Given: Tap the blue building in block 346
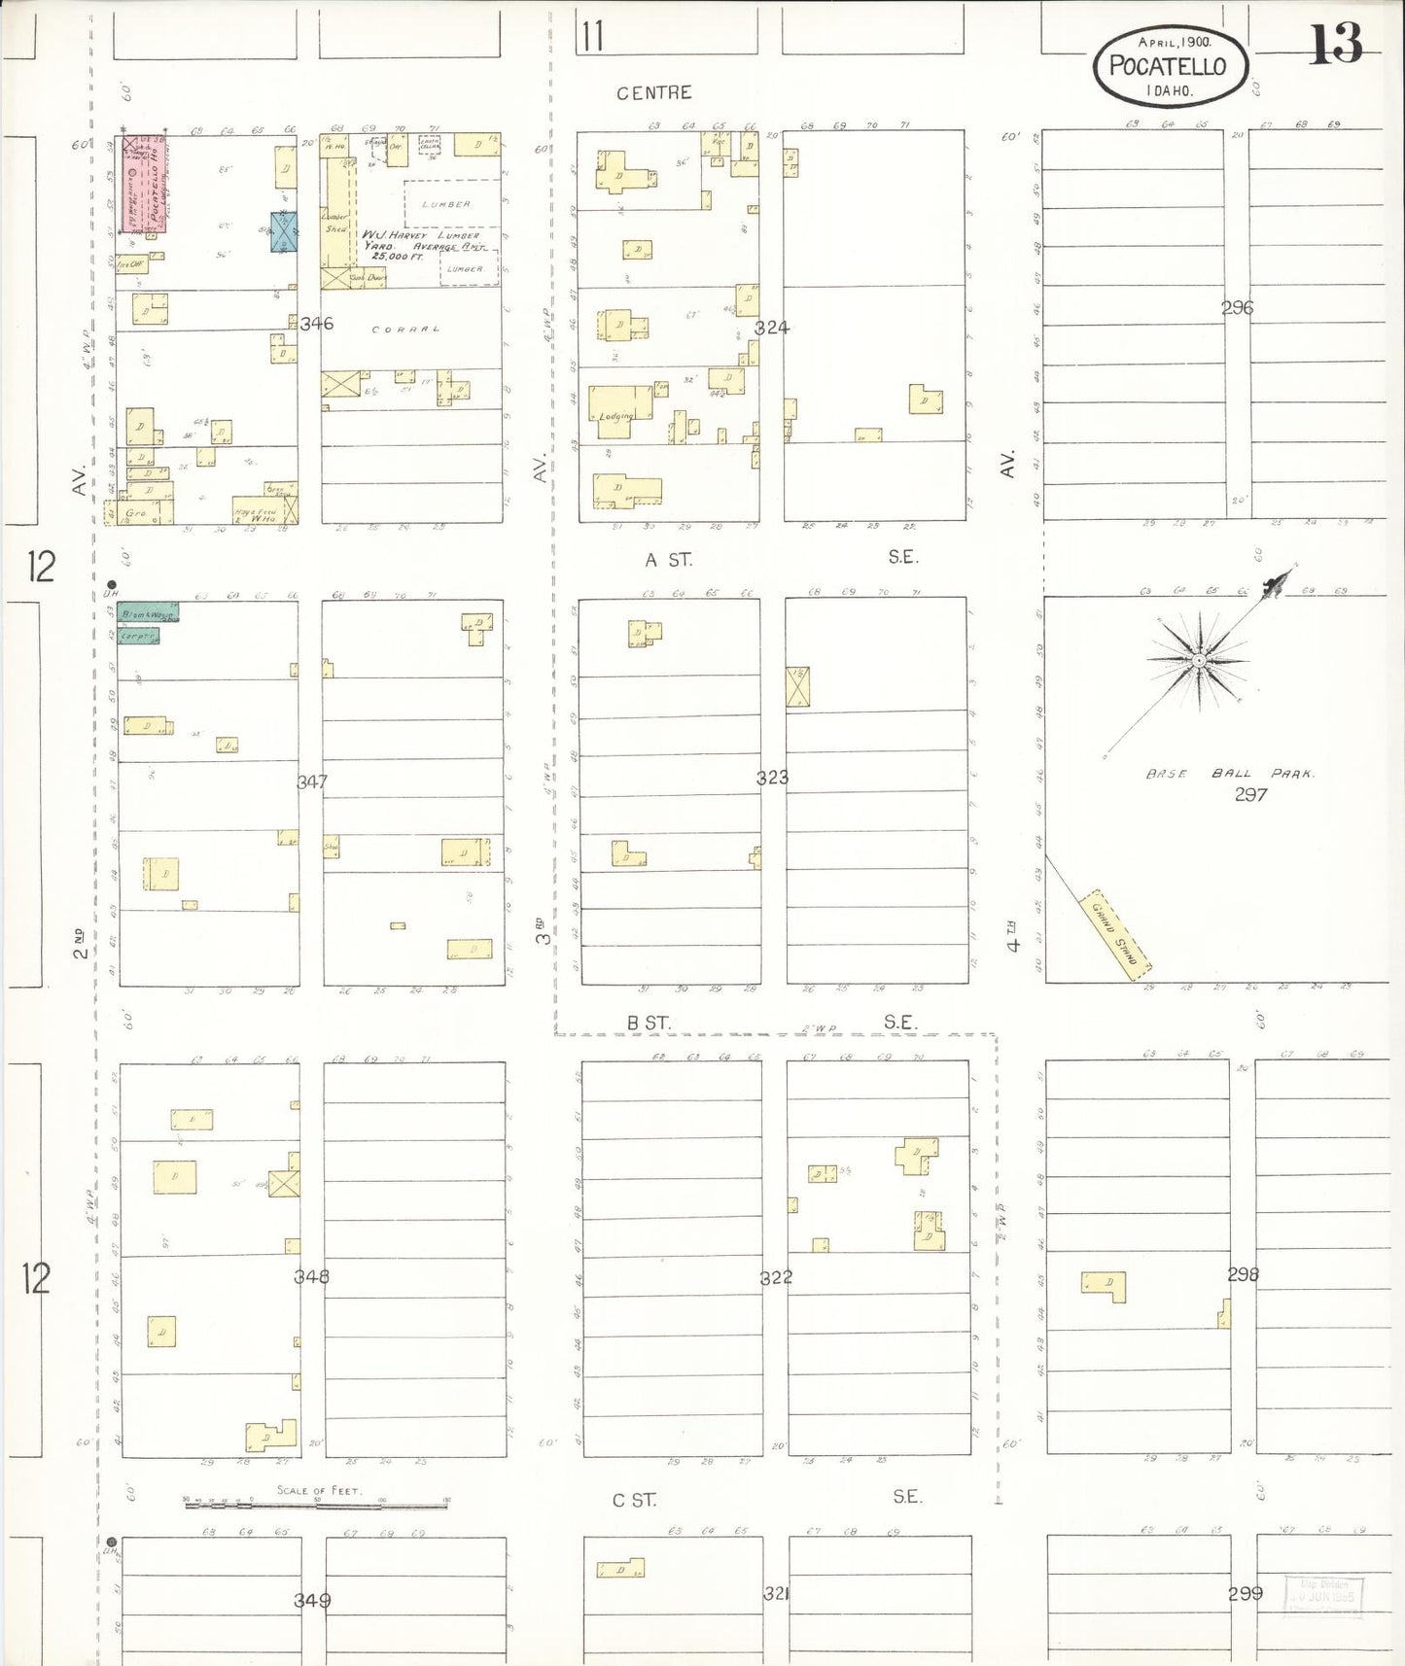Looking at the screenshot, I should point(283,231).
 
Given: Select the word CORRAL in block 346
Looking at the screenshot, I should point(405,330).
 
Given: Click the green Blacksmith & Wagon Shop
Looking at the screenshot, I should point(148,613).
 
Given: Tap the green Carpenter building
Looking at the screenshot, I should point(137,636).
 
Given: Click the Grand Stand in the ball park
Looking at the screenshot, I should point(1115,934).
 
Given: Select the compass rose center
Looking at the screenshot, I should point(1199,661).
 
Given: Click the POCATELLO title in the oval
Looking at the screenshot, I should point(1168,66).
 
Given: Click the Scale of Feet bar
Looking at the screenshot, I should point(316,1503).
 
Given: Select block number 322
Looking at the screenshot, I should point(775,1277).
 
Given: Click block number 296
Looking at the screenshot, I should point(1237,308).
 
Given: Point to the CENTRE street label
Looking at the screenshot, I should point(653,93).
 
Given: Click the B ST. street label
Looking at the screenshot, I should point(649,1024).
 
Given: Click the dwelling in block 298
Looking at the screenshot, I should point(1105,1286).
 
